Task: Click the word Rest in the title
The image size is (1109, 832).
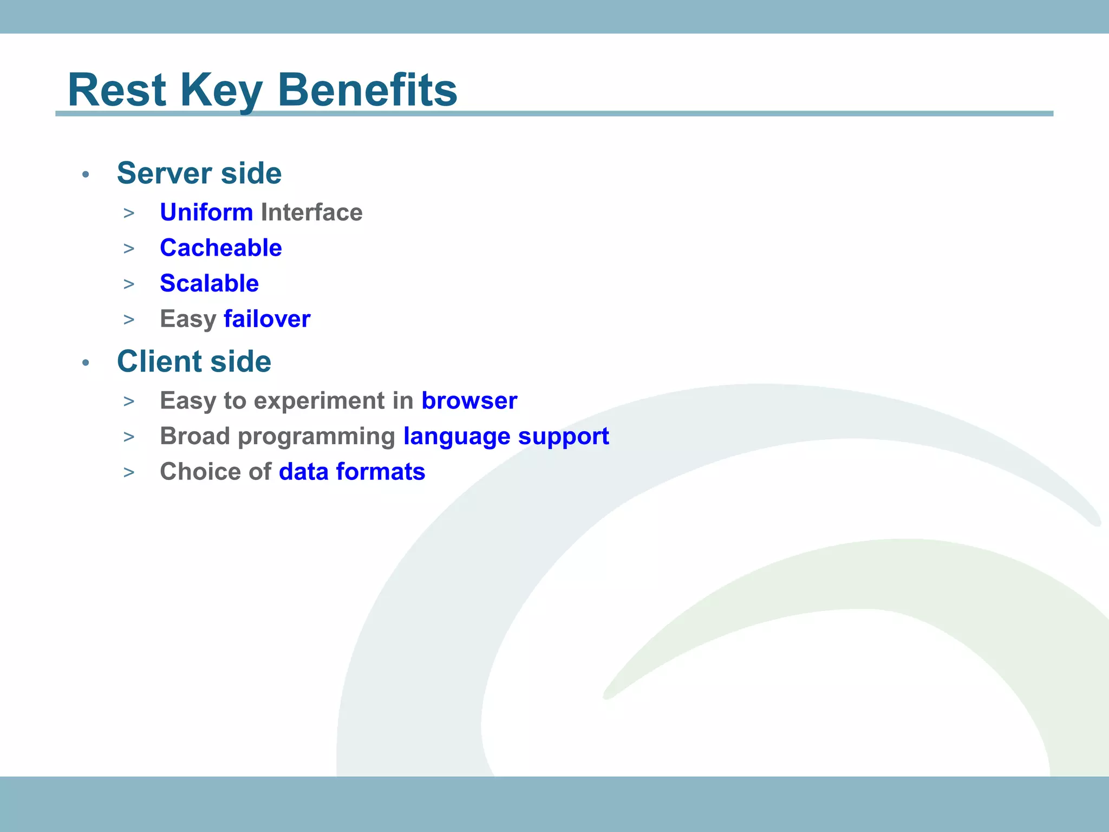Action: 116,90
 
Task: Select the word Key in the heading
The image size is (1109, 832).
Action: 221,92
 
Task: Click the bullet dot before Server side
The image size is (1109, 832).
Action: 86,174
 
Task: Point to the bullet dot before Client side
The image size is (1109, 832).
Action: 86,362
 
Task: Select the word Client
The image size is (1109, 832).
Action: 159,361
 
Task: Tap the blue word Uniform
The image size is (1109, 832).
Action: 206,212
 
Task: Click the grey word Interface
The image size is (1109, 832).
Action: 311,212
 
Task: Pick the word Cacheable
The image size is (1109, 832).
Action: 221,248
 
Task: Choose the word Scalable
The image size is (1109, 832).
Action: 210,283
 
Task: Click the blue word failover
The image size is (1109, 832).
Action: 267,319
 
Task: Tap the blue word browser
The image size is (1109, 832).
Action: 469,401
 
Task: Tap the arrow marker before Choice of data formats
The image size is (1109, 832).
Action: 129,473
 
